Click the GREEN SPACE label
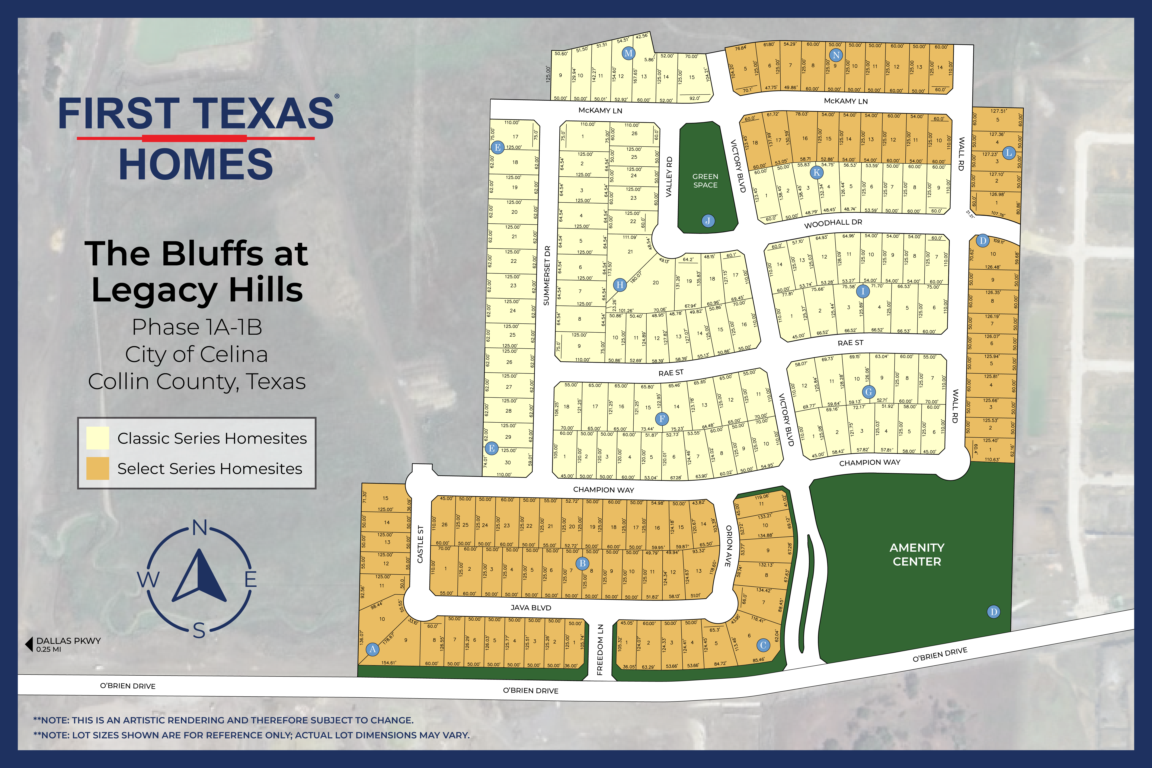click(x=705, y=181)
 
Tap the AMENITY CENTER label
click(x=917, y=554)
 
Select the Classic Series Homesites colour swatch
click(x=97, y=438)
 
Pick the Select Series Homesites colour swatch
click(x=97, y=468)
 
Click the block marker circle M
click(x=628, y=53)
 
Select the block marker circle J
click(x=708, y=221)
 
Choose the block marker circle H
click(x=620, y=285)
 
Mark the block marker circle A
click(x=373, y=649)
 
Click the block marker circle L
click(x=1008, y=153)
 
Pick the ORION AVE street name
click(x=728, y=546)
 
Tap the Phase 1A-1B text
click(x=197, y=327)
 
